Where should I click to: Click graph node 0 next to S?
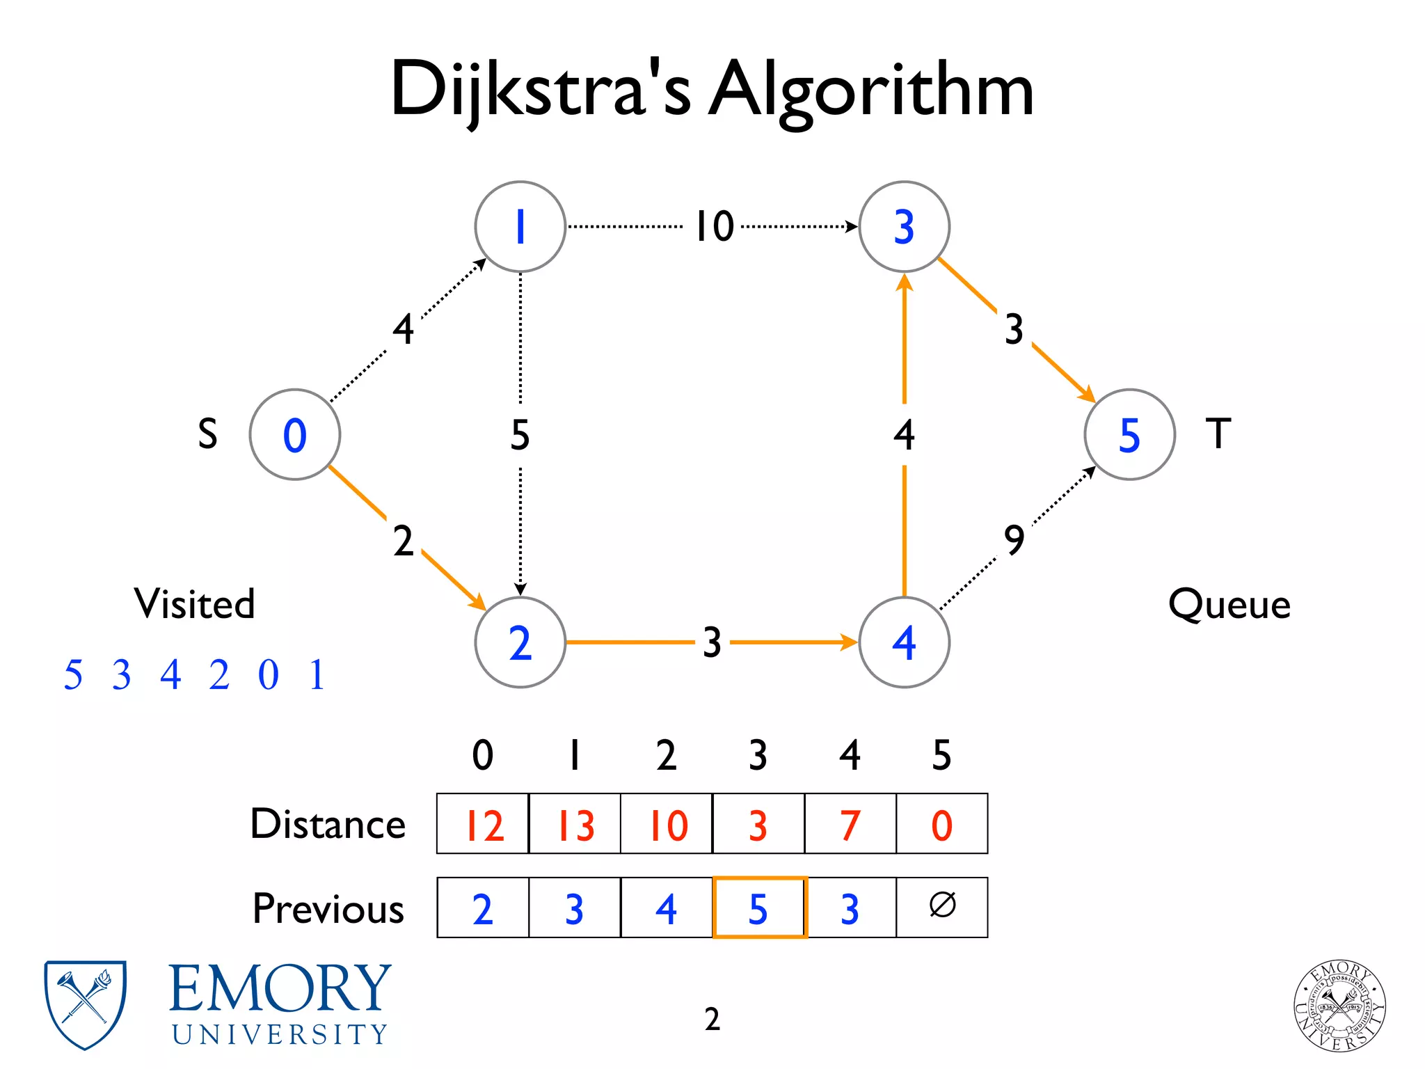(x=294, y=434)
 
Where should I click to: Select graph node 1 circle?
(x=520, y=226)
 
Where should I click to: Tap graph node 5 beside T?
(x=1129, y=434)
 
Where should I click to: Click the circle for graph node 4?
(x=904, y=642)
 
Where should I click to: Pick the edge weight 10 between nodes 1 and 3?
(x=715, y=226)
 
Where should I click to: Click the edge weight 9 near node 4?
(x=1014, y=539)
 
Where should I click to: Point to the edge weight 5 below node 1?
(x=520, y=434)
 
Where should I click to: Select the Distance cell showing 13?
(x=575, y=824)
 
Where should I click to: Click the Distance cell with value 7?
(x=850, y=824)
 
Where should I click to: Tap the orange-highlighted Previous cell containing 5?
(x=759, y=908)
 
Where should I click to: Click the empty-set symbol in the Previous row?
(x=942, y=906)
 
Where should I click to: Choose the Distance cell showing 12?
(x=483, y=824)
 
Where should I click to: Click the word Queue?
(x=1229, y=603)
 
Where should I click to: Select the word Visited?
(x=195, y=603)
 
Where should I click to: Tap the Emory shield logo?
(x=85, y=1004)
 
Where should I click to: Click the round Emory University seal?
(x=1339, y=1006)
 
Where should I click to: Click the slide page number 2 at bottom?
(x=712, y=1019)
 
